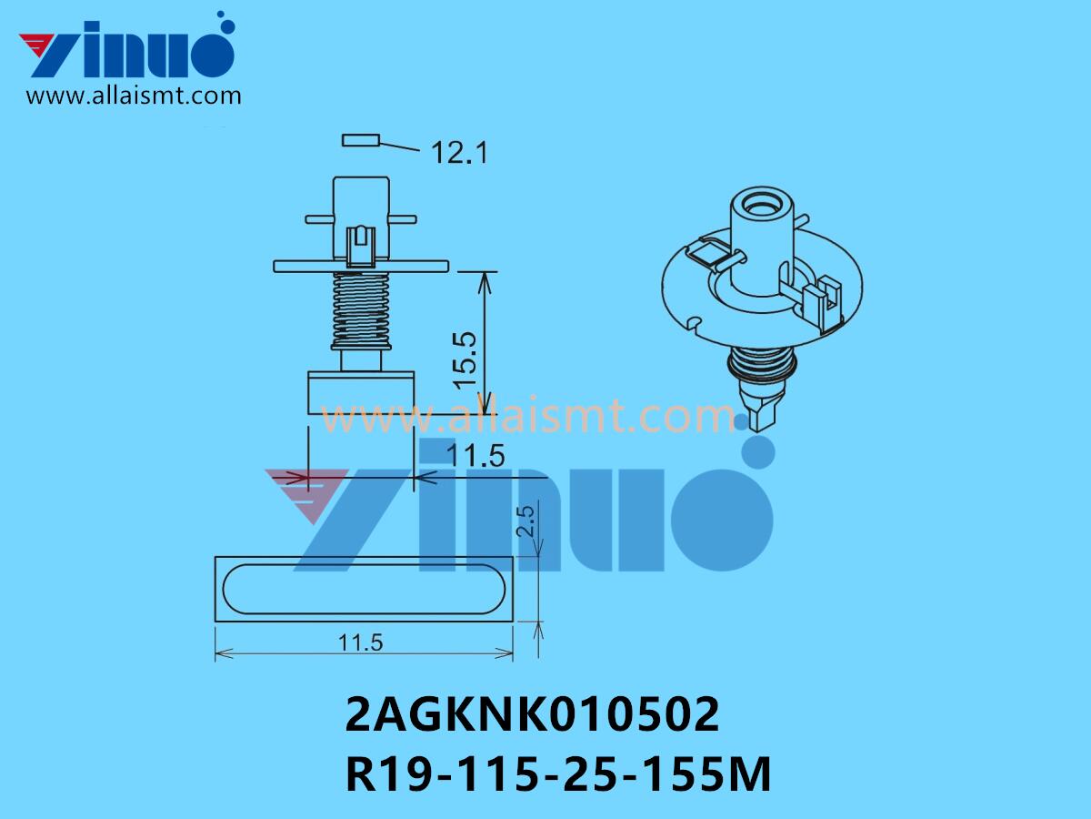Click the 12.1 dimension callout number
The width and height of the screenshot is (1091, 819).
pos(459,152)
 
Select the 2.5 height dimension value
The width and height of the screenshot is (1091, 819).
pos(525,524)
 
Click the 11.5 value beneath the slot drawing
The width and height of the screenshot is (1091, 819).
pos(361,642)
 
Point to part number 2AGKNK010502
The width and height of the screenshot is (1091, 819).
pos(533,717)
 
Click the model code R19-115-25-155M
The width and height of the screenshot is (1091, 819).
pos(558,776)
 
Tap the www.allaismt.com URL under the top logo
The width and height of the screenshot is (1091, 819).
pos(134,96)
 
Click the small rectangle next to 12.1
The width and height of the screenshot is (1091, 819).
pos(362,140)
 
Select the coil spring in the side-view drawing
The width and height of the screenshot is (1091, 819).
pos(362,309)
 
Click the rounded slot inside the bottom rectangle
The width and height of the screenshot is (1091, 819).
pos(364,588)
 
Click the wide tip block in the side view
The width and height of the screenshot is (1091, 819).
pos(362,390)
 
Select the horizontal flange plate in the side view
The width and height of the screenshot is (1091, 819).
pos(362,265)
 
